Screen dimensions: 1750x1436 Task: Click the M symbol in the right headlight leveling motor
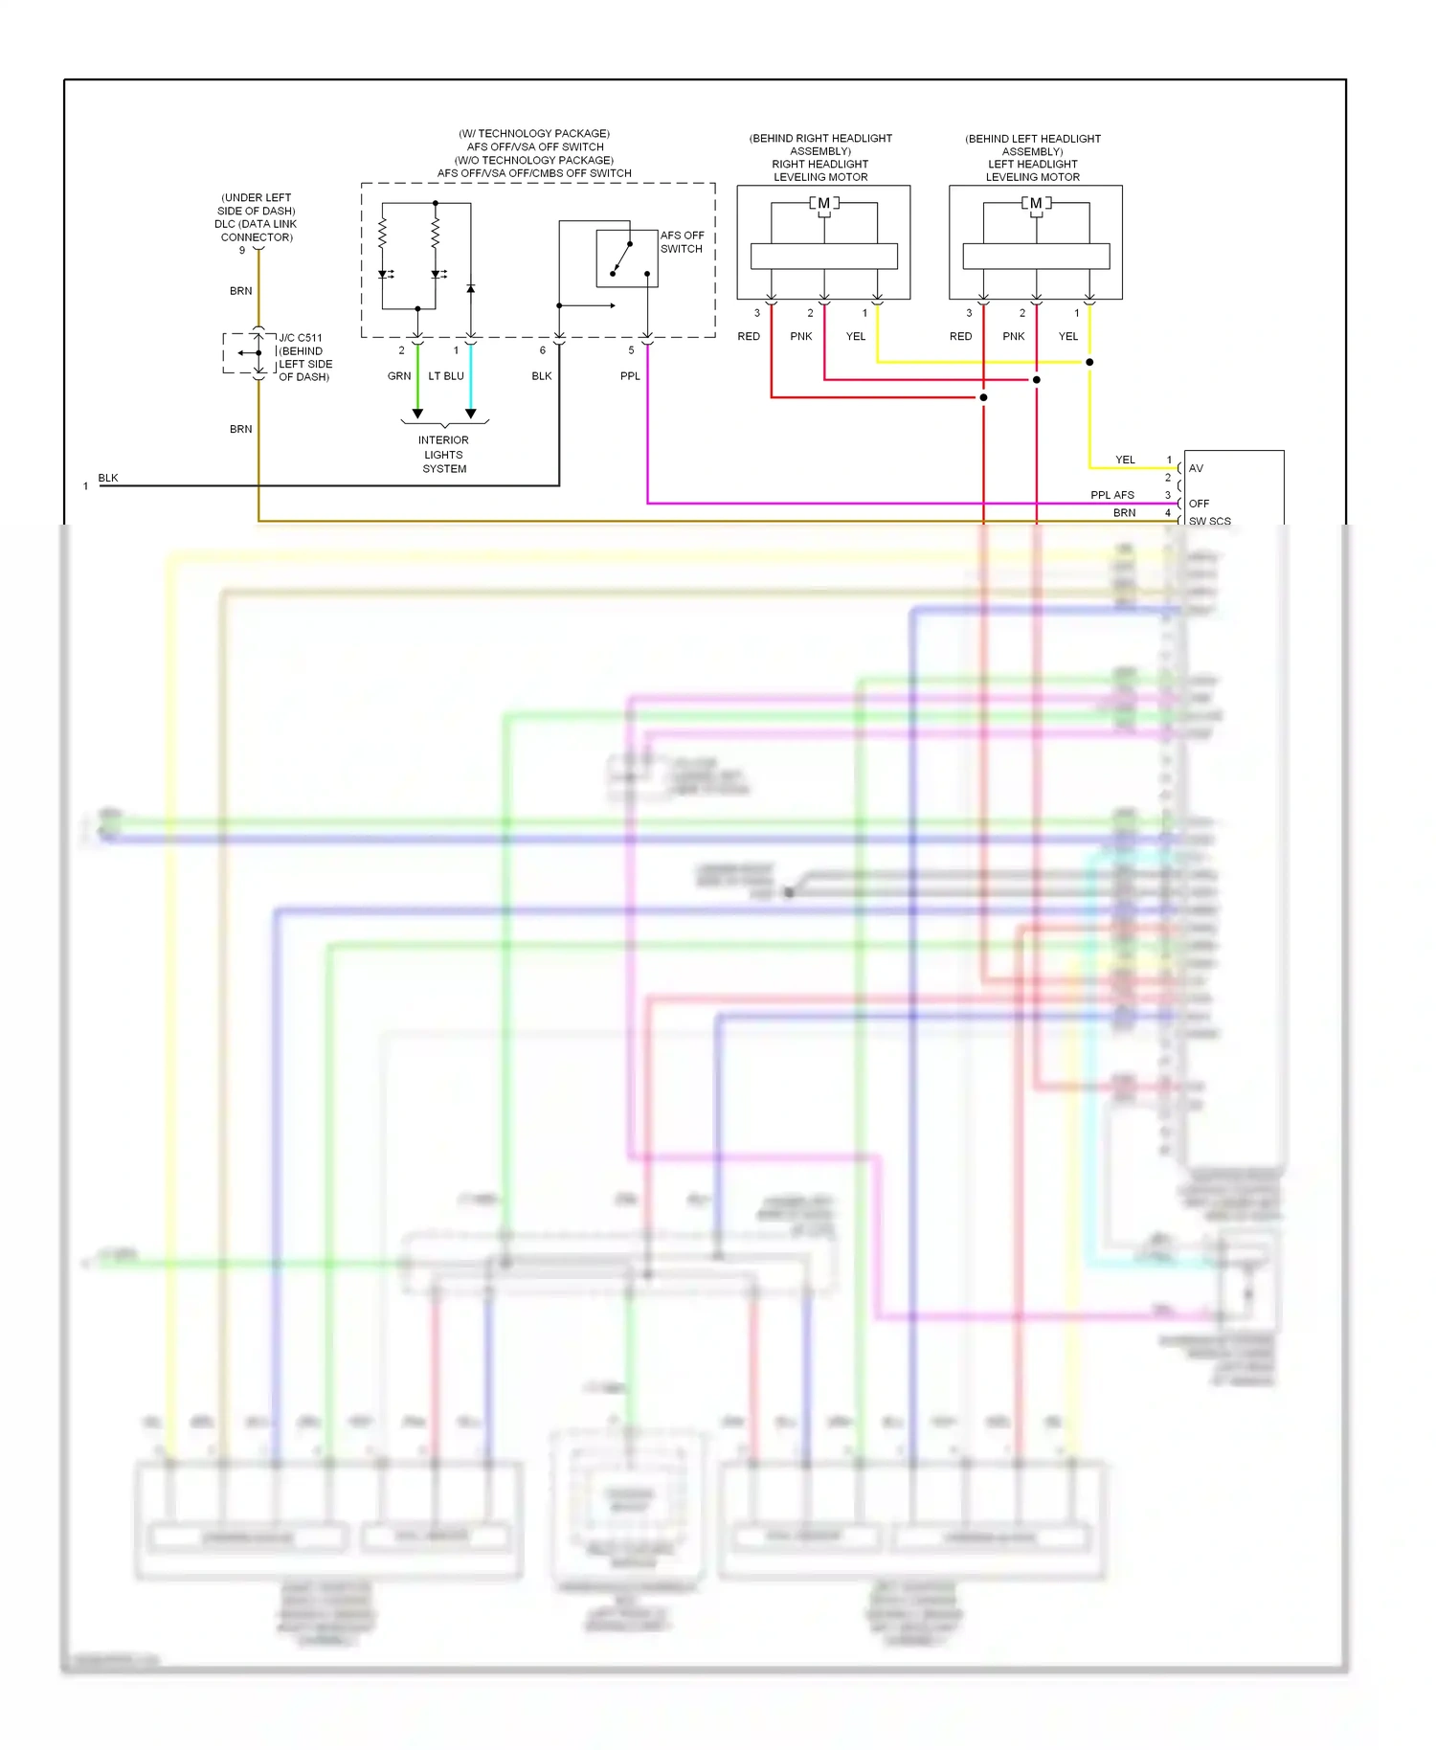pos(823,203)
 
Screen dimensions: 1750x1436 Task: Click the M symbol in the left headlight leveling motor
pos(1036,203)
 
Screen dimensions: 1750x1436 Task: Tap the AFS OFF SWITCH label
pos(682,242)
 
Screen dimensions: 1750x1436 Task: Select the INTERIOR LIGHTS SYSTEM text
pos(444,455)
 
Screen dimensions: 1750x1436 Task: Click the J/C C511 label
pos(301,338)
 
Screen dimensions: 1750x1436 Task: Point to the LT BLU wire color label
pos(446,376)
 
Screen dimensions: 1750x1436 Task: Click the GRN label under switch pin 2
pos(399,376)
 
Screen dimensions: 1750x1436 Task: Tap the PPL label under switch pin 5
pos(630,376)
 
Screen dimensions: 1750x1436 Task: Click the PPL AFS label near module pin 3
pos(1112,495)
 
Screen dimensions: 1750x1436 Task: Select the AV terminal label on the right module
pos(1196,468)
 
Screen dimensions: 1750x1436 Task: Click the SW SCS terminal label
pos(1210,521)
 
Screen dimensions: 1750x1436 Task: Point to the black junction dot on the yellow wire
pos(1089,362)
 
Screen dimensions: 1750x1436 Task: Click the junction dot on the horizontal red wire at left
pos(983,397)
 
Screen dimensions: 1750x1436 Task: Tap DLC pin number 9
pos(242,251)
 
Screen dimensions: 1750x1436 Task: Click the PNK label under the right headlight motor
pos(801,336)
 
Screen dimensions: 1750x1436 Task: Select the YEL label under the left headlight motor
pos(1068,336)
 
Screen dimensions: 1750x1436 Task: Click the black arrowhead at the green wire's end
pos(417,415)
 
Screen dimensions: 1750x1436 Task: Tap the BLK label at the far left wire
pos(108,478)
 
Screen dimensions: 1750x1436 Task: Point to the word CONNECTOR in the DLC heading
pos(257,237)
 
